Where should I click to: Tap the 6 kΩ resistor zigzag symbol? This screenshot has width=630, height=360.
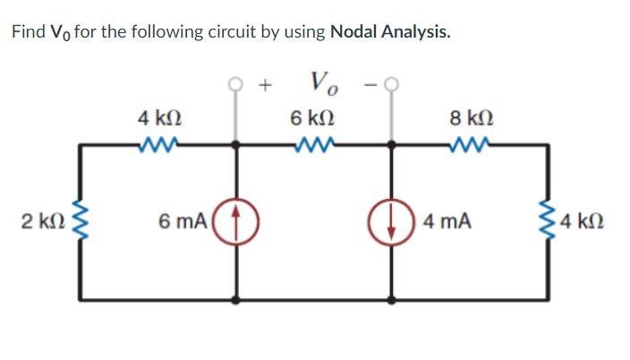tap(314, 143)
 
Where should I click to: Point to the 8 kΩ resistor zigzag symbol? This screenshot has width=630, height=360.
tap(469, 143)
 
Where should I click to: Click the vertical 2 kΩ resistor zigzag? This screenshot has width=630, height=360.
tap(82, 220)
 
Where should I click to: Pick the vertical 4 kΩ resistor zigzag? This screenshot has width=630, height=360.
tap(547, 220)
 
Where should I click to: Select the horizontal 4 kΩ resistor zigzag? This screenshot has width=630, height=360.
tap(160, 143)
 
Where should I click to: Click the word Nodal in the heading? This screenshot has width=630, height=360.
tap(356, 33)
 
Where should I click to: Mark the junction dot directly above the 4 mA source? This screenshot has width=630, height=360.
tap(391, 143)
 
